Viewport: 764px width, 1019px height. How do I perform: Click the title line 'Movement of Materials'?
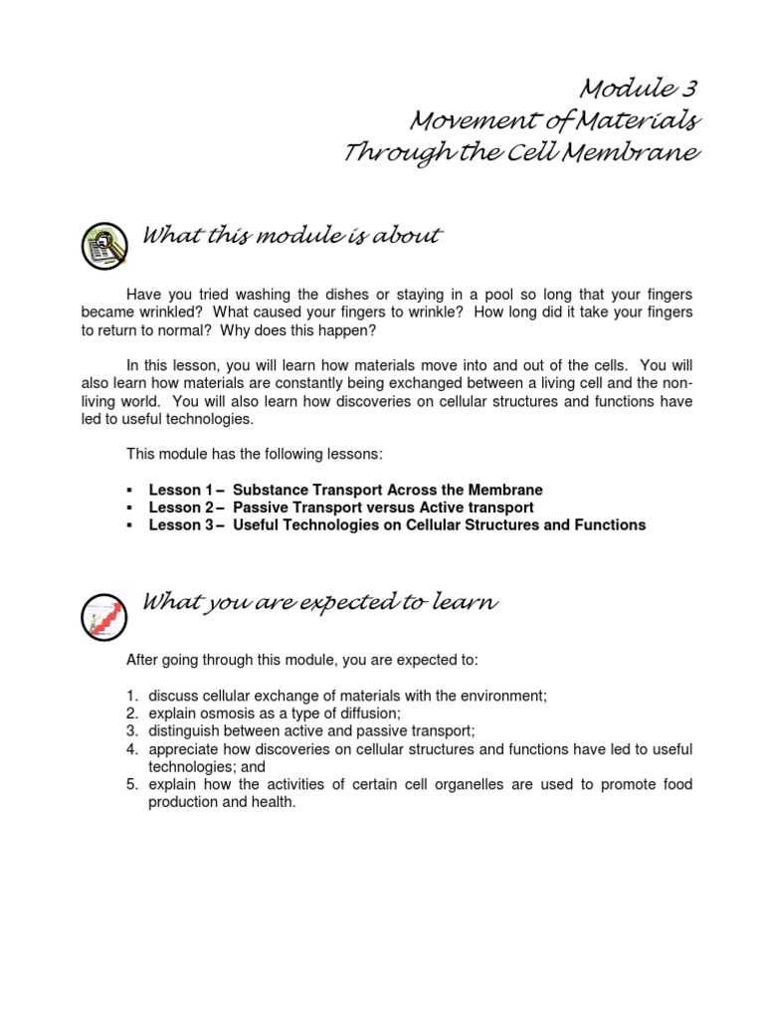556,122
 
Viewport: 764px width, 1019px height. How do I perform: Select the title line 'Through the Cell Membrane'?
521,154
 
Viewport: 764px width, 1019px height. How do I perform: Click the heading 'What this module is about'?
292,237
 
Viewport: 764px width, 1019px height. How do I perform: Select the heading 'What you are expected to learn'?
320,602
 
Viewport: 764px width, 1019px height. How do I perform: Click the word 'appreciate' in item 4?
182,749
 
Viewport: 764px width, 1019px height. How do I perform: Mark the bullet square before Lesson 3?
130,525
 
